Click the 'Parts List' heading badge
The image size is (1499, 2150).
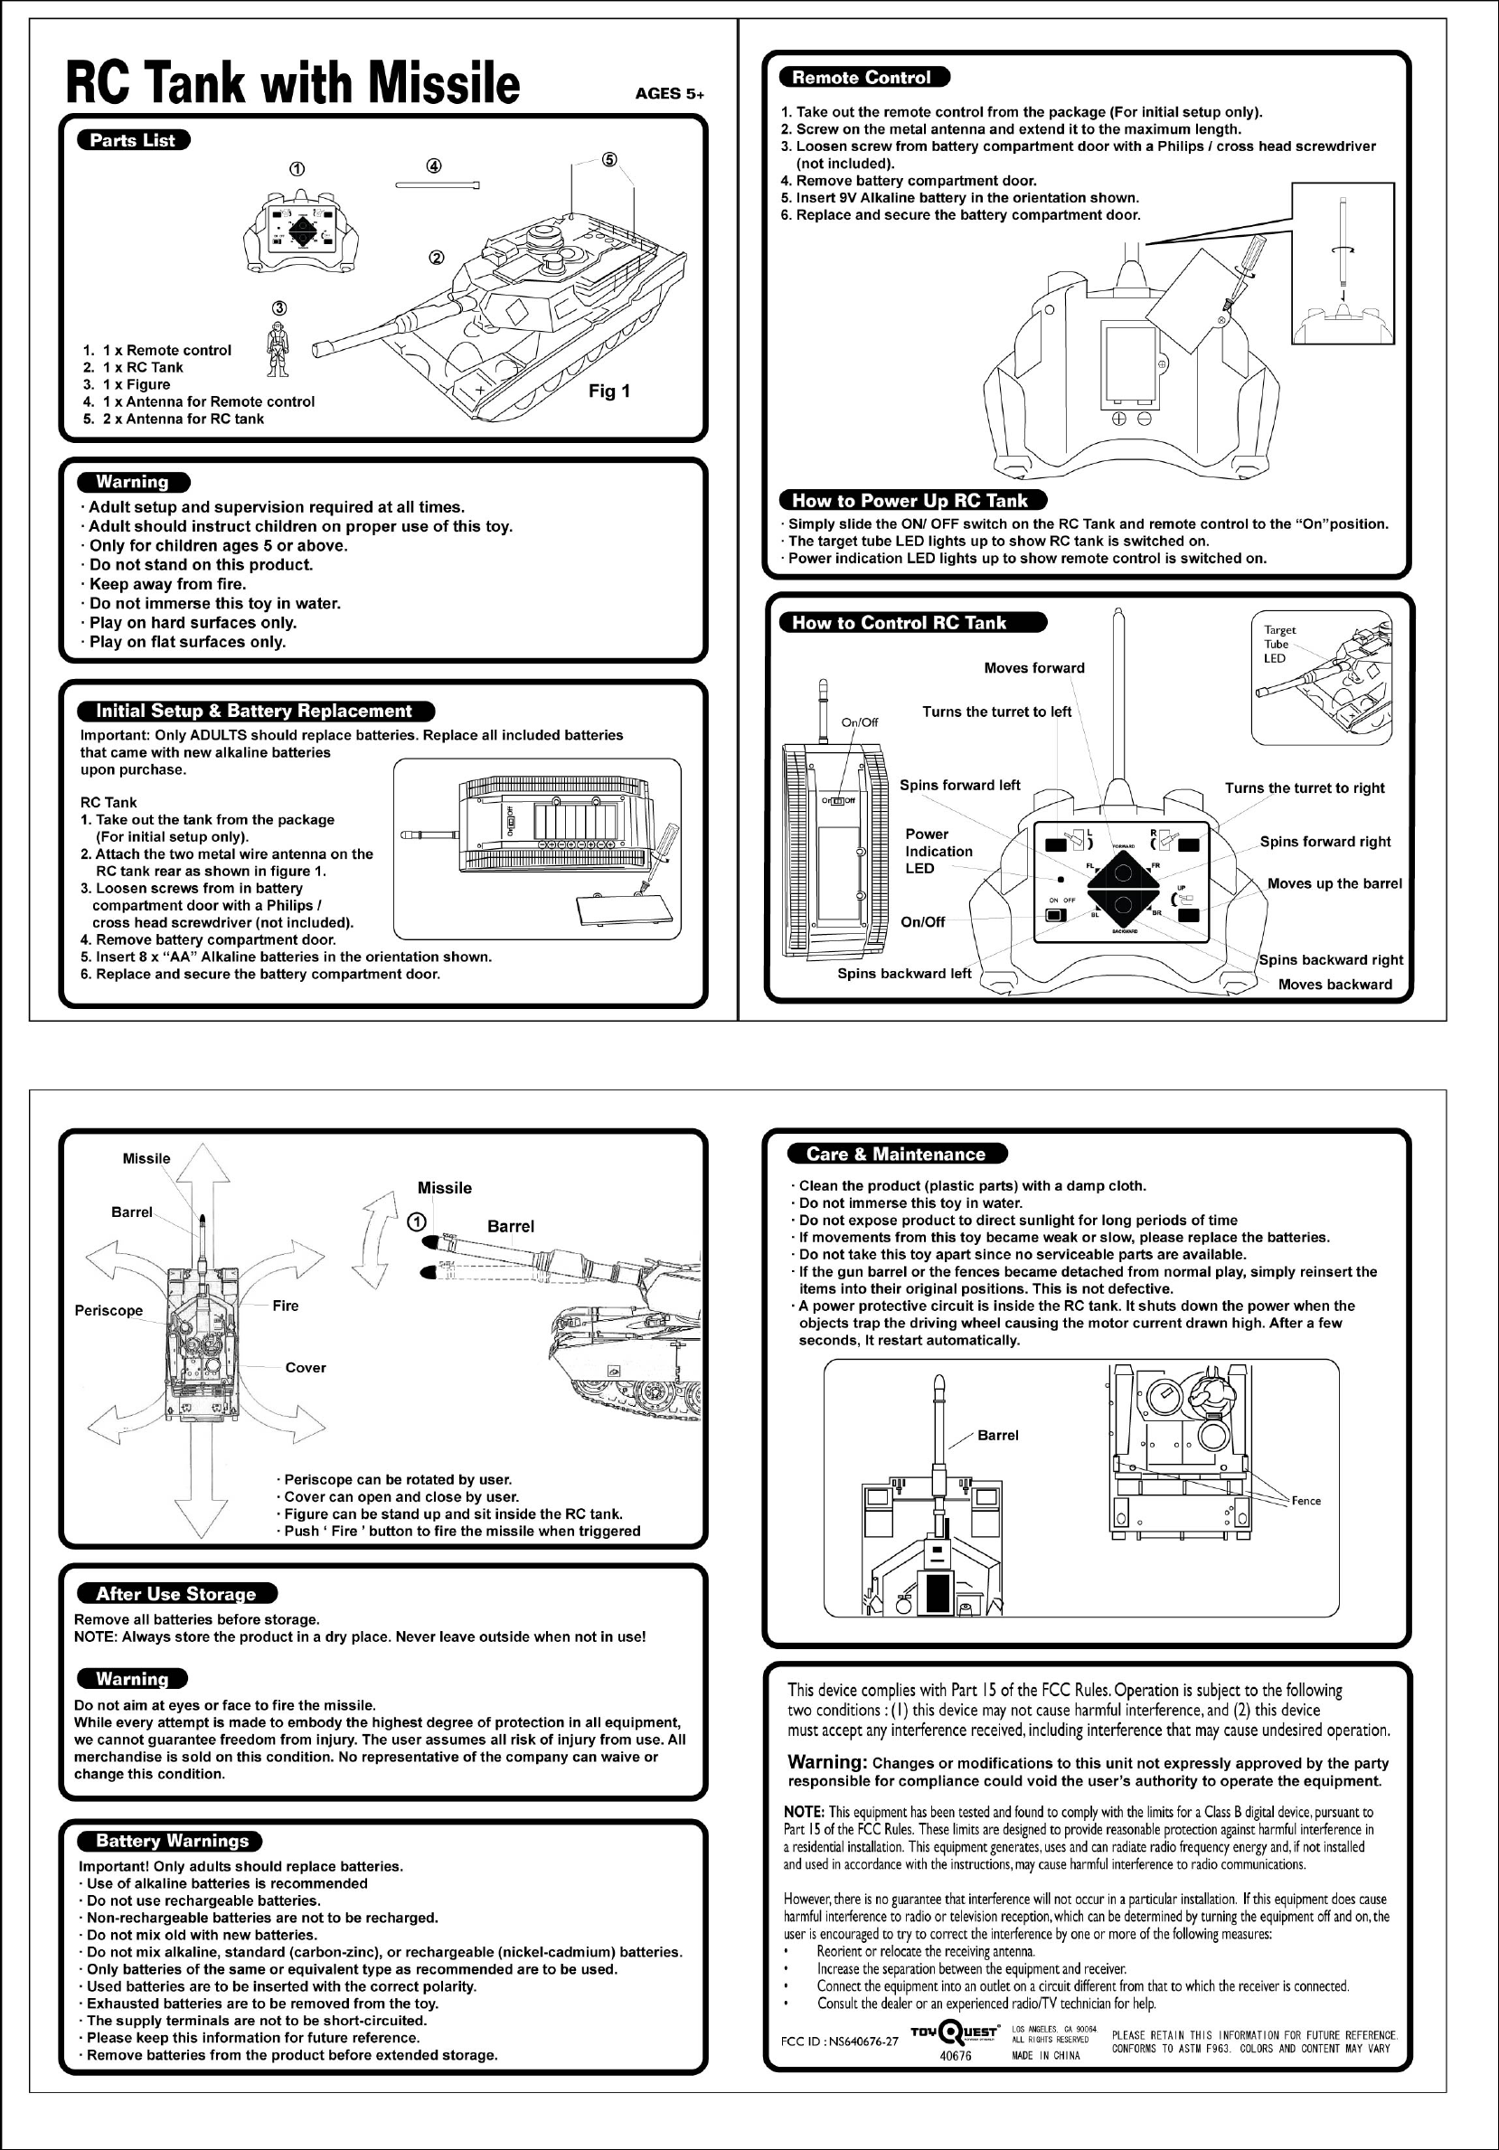(133, 140)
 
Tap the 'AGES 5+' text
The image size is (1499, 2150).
(668, 94)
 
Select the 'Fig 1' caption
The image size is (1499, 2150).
(608, 391)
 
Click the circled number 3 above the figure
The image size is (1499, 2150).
(279, 308)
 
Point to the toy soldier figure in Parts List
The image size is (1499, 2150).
(278, 349)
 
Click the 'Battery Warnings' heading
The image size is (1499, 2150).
(173, 1841)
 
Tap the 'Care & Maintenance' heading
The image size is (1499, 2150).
(895, 1154)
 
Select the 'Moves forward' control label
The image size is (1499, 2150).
(1033, 667)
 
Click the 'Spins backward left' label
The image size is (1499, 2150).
(904, 973)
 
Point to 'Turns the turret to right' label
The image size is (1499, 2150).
(1305, 787)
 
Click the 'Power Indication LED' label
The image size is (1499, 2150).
(938, 851)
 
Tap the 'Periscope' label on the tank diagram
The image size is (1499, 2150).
(108, 1310)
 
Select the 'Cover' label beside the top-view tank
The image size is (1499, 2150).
(306, 1368)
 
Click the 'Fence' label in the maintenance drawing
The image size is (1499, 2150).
(1306, 1500)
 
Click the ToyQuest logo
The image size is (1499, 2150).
(953, 2033)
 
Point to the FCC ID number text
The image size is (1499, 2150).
(839, 2042)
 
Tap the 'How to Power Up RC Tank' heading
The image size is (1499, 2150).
(910, 500)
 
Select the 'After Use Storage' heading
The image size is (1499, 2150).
(175, 1594)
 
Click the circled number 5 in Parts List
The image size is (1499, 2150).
(609, 159)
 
